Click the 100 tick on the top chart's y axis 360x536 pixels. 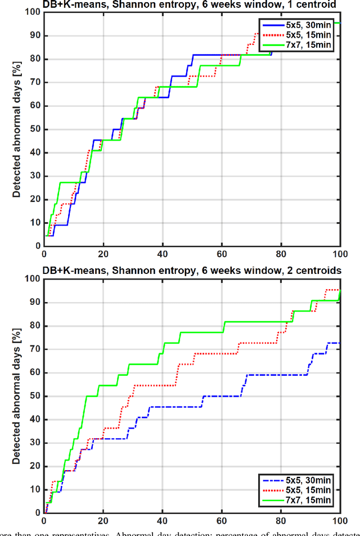[34, 12]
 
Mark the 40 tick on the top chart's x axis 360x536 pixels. [163, 253]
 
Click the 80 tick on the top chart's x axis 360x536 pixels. [281, 253]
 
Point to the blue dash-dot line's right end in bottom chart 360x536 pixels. [339, 343]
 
